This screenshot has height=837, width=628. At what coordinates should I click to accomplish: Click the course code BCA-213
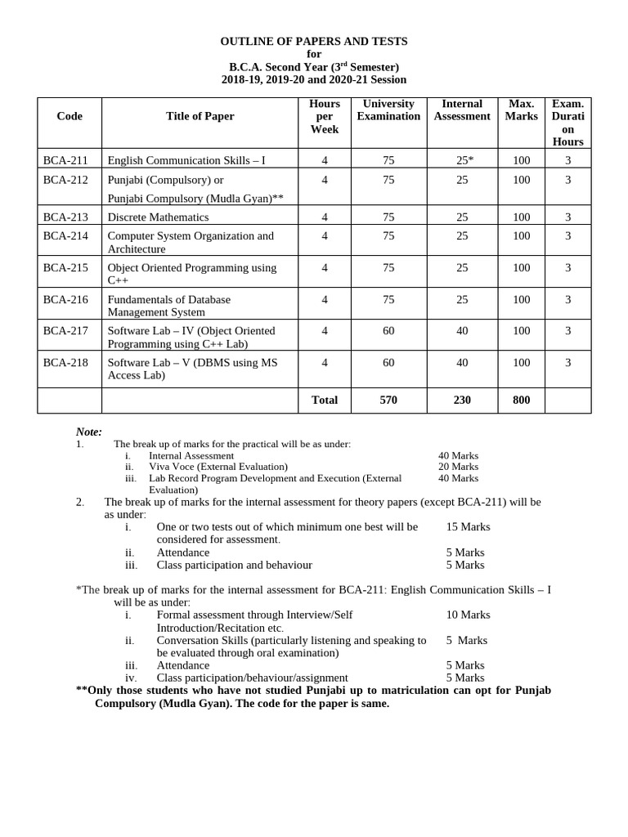click(x=65, y=217)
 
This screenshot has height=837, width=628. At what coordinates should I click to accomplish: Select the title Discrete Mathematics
click(x=158, y=217)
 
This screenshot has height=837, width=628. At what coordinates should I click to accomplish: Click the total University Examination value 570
click(x=388, y=400)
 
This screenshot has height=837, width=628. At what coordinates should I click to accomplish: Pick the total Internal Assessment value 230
click(x=462, y=400)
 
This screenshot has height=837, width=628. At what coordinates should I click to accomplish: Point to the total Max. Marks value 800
click(x=521, y=400)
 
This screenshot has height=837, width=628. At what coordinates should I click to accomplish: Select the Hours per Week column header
click(x=325, y=116)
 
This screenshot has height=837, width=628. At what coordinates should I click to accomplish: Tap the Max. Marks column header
click(x=522, y=110)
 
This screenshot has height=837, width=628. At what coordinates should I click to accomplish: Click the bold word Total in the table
click(x=325, y=400)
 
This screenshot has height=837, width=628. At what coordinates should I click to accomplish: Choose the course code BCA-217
click(x=65, y=330)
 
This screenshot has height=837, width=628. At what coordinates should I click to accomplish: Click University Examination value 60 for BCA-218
click(x=388, y=362)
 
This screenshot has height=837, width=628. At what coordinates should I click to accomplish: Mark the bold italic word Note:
click(x=89, y=432)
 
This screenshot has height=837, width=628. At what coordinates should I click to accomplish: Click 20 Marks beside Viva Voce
click(x=458, y=467)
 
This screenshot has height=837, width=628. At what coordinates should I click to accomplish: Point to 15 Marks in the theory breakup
click(x=469, y=526)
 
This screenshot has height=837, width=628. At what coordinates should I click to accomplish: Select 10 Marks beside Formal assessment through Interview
click(x=469, y=614)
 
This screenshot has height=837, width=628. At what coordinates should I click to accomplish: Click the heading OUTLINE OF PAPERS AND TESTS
click(x=314, y=41)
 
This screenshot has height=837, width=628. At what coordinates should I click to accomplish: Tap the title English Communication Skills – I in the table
click(x=186, y=160)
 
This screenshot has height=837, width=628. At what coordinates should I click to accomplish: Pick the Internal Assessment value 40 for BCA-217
click(x=462, y=330)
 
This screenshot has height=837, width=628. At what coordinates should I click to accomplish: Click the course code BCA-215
click(x=65, y=267)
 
